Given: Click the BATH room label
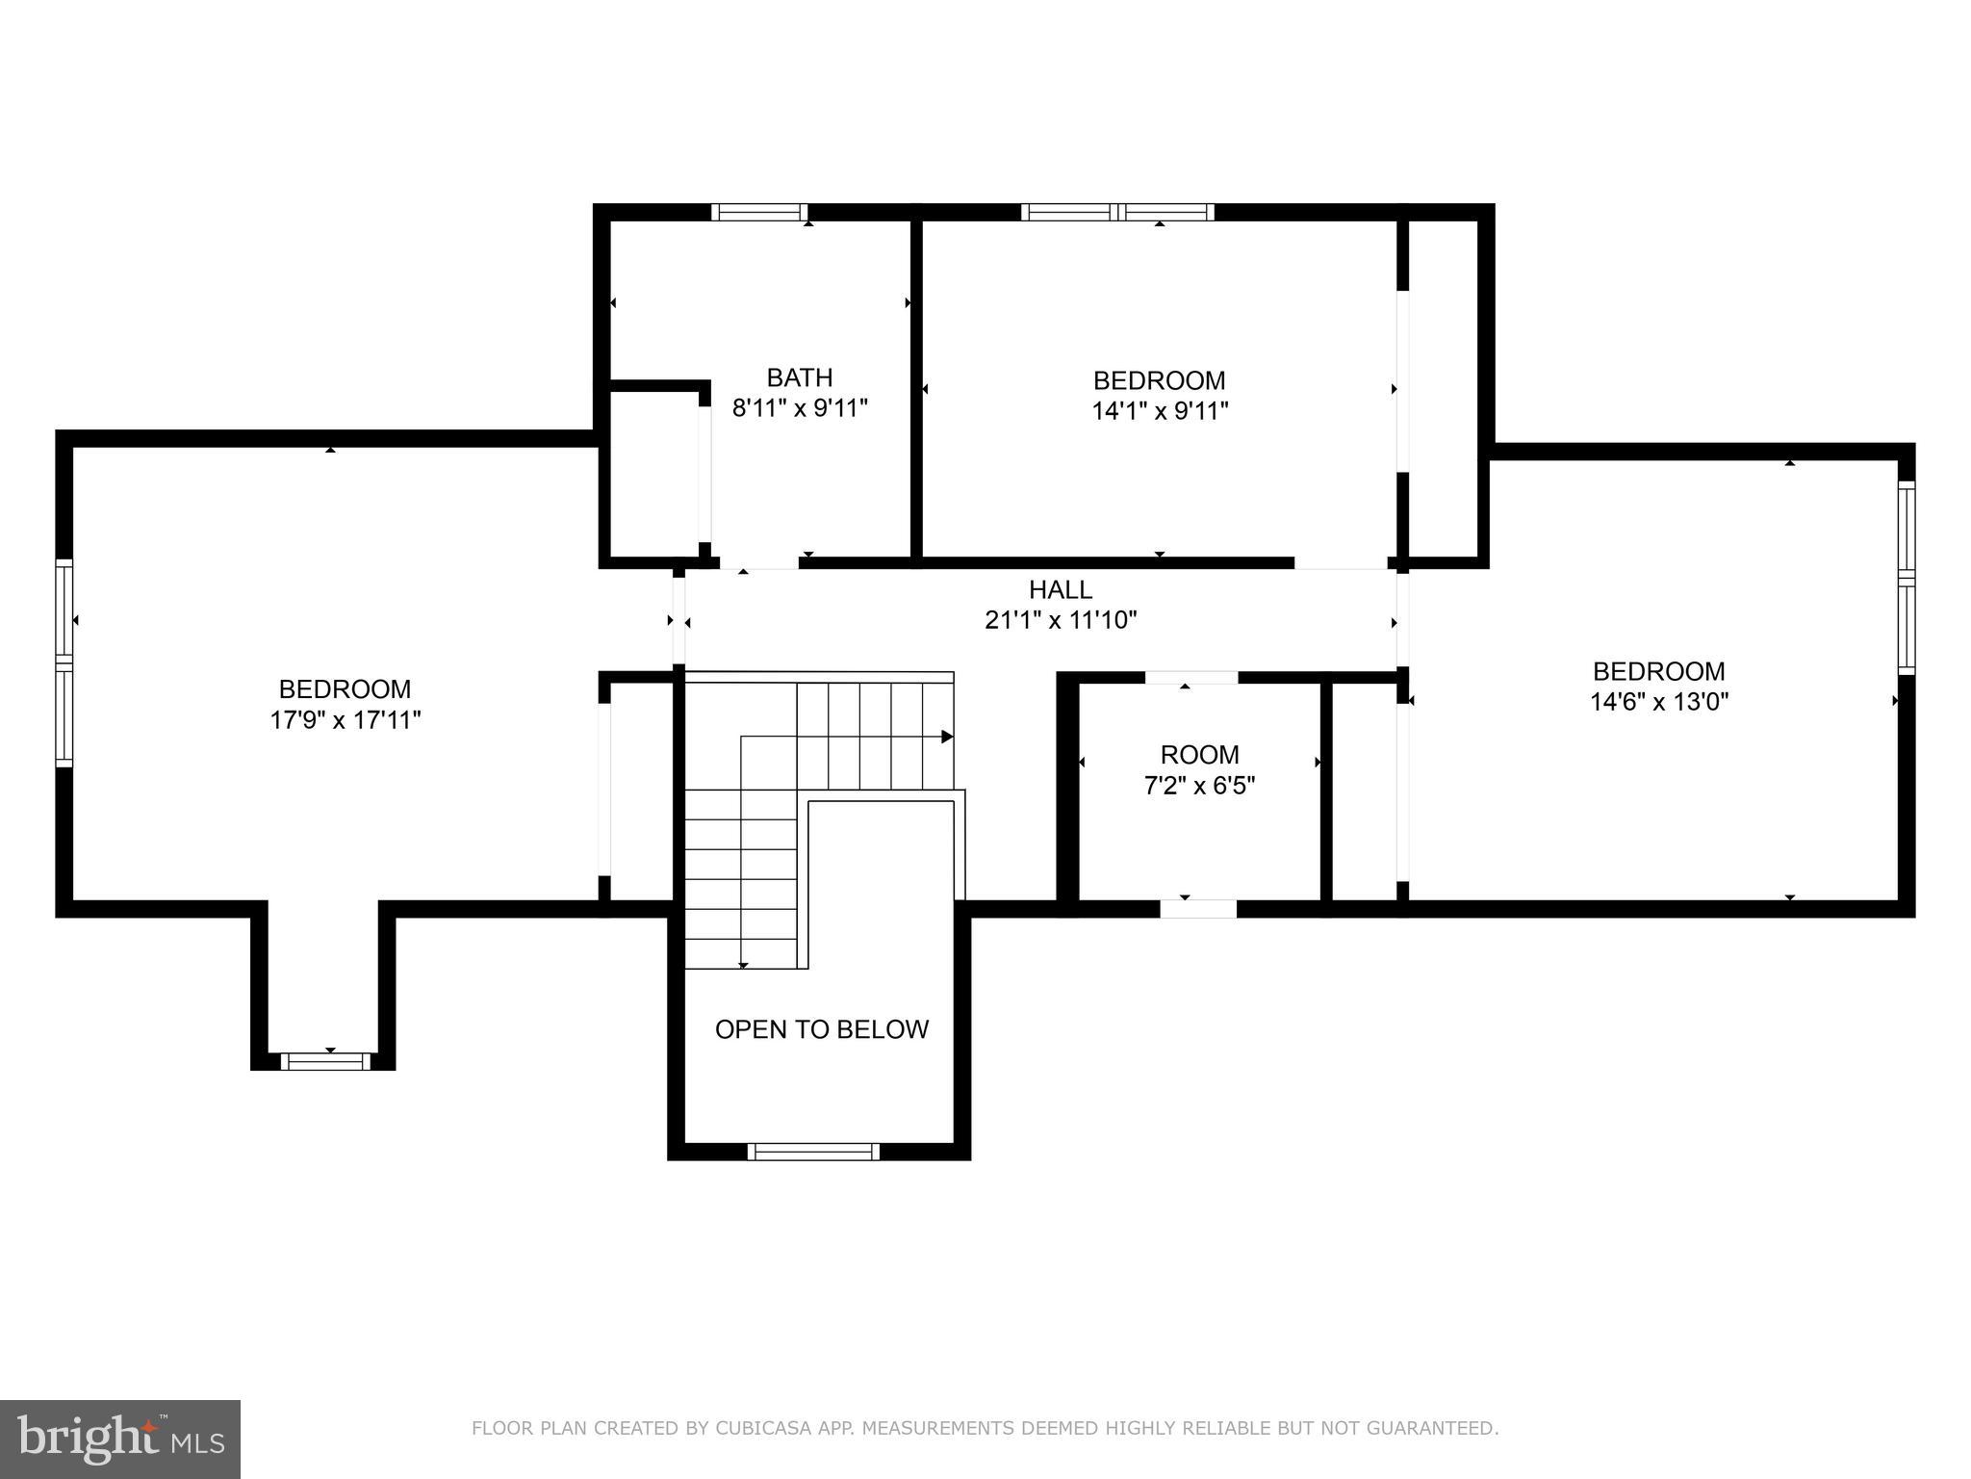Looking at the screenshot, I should [x=799, y=377].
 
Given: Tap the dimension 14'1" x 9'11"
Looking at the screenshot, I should [x=1160, y=411].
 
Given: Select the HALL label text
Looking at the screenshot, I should [x=1061, y=589].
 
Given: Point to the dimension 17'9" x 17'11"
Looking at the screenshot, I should [x=346, y=720].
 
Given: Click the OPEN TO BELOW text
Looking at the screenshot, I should [x=821, y=1029].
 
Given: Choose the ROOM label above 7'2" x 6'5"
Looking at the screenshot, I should [x=1199, y=755].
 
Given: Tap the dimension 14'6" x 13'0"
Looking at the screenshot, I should [x=1658, y=702].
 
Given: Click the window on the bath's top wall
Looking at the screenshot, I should [x=759, y=213].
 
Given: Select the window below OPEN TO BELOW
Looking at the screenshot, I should [x=813, y=1152].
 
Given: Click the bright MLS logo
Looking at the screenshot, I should [x=119, y=1439].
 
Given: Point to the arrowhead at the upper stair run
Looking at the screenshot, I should [x=947, y=737].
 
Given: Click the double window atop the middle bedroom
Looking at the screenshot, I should [x=1117, y=213].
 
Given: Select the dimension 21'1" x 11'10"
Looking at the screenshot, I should [x=1061, y=620].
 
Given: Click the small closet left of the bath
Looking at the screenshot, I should [x=653, y=472].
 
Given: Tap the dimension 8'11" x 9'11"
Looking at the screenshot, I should [x=800, y=408].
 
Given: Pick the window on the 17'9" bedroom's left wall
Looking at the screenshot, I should [x=64, y=663].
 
